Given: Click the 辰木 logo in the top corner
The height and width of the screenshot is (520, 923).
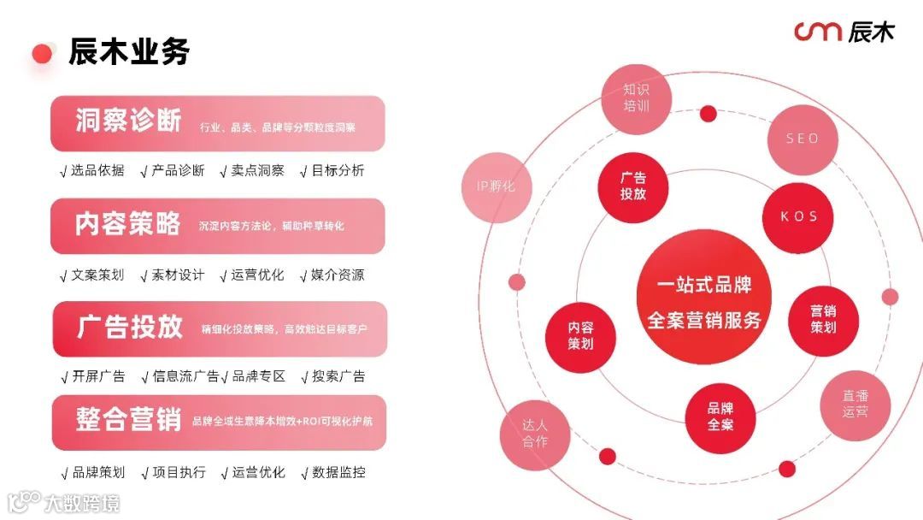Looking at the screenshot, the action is tap(844, 32).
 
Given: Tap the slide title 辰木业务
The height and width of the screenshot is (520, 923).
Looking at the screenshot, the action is tap(128, 52).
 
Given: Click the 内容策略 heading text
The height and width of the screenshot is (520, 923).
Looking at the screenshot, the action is tap(128, 224).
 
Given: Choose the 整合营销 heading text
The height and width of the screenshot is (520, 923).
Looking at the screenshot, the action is tap(128, 420).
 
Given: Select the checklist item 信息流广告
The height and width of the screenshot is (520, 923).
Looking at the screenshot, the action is tap(185, 376).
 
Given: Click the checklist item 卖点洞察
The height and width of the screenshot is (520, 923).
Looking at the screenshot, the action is tap(257, 170).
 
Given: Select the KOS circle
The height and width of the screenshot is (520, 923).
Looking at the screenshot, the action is tap(799, 216).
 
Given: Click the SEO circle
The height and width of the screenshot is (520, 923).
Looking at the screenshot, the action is tap(802, 139).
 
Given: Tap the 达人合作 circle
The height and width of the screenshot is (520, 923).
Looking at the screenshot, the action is tap(535, 433).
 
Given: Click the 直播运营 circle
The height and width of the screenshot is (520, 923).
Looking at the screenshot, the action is tap(855, 405).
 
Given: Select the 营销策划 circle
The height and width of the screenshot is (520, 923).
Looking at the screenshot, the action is tap(822, 319).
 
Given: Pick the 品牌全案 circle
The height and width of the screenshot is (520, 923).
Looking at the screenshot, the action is tap(720, 417).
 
